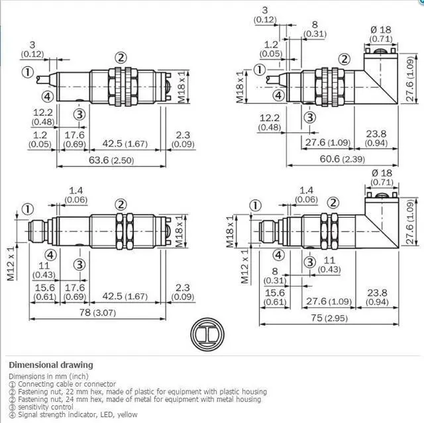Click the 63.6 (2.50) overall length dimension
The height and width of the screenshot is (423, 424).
111,160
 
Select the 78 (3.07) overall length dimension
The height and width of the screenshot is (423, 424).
97,312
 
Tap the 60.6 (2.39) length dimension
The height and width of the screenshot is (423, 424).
343,159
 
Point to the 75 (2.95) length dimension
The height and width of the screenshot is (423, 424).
329,318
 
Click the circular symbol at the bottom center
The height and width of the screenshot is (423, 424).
207,334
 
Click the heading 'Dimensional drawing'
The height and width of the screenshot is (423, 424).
51,365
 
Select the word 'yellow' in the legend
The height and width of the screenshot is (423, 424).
127,414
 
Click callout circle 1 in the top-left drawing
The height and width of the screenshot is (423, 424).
28,72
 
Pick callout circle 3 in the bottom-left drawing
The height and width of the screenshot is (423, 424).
79,265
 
